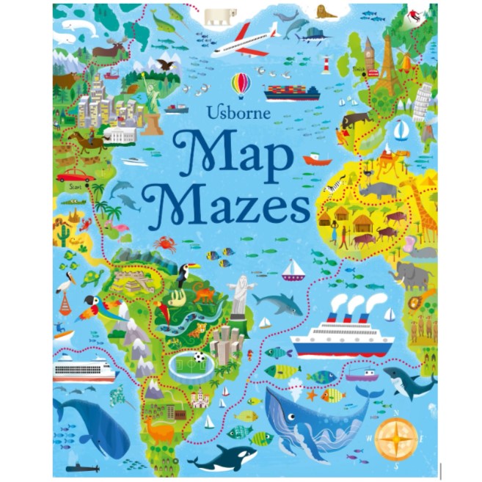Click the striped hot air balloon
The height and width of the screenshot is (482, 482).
pyautogui.click(x=240, y=85)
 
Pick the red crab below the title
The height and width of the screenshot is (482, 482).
pyautogui.click(x=164, y=244)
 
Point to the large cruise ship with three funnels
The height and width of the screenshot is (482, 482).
pyautogui.click(x=343, y=335)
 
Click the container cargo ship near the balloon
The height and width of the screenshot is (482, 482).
pyautogui.click(x=292, y=92)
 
